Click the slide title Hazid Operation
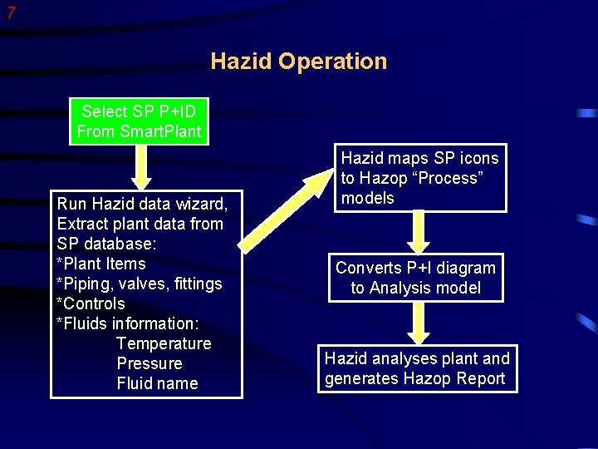(x=298, y=62)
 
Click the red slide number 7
(x=10, y=12)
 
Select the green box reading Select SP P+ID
(x=139, y=121)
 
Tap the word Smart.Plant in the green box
(x=160, y=131)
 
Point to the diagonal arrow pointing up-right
(x=286, y=209)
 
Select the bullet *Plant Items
(x=101, y=264)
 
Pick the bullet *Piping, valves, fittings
(x=140, y=284)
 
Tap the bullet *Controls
(x=91, y=303)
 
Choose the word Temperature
(x=164, y=343)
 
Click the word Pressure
(x=149, y=363)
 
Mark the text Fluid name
(x=157, y=383)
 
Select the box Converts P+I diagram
(x=415, y=278)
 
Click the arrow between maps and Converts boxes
(x=419, y=232)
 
